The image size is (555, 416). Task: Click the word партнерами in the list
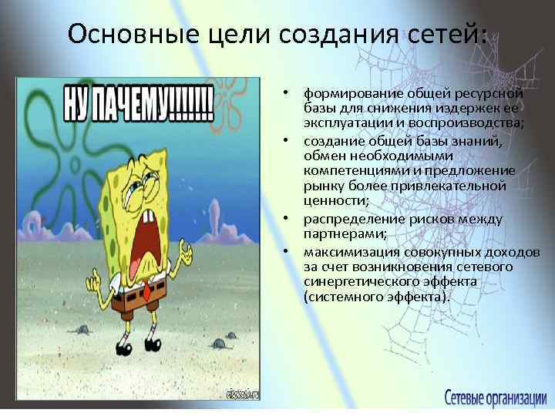pyautogui.click(x=335, y=234)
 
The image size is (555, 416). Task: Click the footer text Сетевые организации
pyautogui.click(x=495, y=398)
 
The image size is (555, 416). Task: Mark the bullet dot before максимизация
pyautogui.click(x=285, y=252)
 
